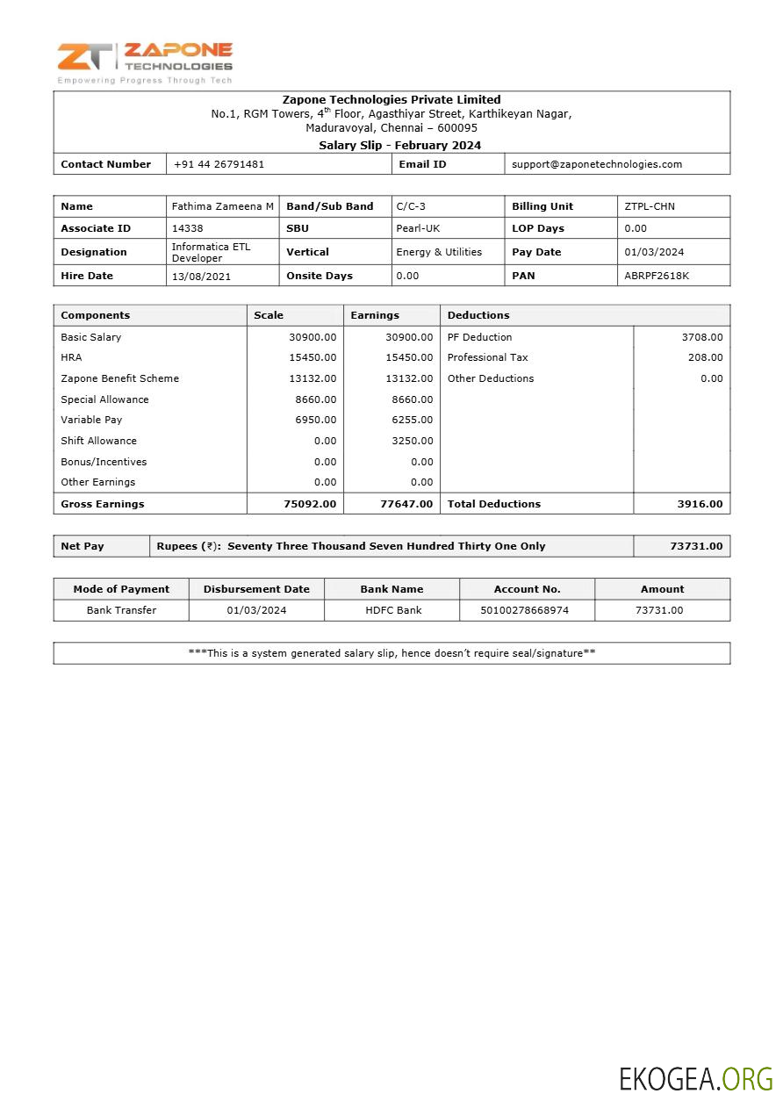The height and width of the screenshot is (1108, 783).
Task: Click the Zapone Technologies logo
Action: coord(145,61)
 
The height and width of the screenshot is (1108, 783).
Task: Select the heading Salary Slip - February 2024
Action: coord(399,146)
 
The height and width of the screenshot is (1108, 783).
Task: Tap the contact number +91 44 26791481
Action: coord(219,164)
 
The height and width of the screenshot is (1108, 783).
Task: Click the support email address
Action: coord(597,164)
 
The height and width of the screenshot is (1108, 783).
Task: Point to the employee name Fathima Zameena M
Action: coord(222,206)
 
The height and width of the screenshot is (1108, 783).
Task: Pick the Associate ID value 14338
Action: coord(187,228)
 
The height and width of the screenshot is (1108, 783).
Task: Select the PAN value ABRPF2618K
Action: coord(657,276)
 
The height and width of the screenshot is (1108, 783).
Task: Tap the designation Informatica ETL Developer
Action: coord(211,252)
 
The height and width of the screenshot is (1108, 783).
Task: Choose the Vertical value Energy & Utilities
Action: coord(439,252)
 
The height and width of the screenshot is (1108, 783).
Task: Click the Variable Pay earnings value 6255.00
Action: coord(412,421)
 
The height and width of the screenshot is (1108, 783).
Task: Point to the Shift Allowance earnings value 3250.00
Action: coord(412,441)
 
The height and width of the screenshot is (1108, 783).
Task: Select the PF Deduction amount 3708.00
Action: coord(701,337)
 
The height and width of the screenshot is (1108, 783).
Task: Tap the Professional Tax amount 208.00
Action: coord(705,357)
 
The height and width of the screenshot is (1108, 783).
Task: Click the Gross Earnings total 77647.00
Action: coord(406,504)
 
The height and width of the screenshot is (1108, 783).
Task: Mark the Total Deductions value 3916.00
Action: coord(700,504)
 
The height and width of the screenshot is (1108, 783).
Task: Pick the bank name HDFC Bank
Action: coord(393,610)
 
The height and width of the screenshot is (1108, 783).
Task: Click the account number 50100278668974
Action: coord(527,610)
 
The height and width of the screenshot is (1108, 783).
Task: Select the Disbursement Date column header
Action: coord(256,589)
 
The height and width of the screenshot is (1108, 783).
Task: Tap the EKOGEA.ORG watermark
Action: coord(695,1079)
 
